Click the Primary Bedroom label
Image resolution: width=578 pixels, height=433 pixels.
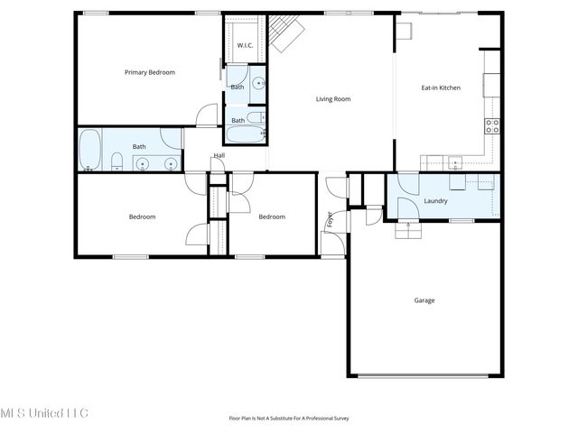tap(150, 72)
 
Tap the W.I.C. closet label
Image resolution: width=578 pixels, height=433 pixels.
tap(244, 45)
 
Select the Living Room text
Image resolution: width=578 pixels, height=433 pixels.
tap(332, 99)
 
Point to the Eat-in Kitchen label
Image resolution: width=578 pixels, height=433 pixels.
tap(441, 88)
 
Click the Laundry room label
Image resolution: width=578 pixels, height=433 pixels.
tap(435, 200)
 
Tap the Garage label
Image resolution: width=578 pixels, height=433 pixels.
tap(424, 300)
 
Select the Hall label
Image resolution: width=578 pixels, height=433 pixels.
tap(219, 156)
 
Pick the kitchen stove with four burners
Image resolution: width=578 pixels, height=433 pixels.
tap(493, 126)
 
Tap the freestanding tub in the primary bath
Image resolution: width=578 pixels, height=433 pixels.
tap(89, 149)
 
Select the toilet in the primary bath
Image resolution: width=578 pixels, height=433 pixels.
tap(117, 162)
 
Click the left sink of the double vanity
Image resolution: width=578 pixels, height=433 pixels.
tap(143, 163)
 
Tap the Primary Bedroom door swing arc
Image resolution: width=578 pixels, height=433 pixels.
tap(207, 115)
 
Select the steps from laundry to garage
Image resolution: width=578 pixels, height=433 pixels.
tap(409, 230)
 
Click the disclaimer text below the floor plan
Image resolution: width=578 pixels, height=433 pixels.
tap(289, 418)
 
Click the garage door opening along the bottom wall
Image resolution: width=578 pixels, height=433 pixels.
tap(424, 375)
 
